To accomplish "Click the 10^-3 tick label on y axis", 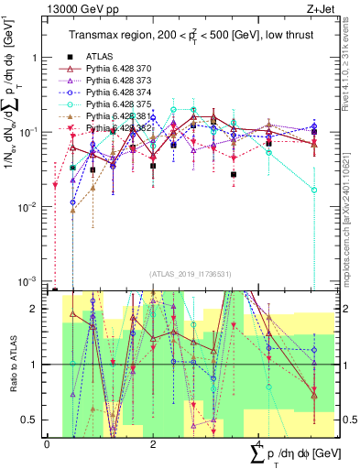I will click(x=27, y=281).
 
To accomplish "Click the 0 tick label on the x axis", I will click(x=47, y=444).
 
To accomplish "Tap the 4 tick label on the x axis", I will click(x=260, y=444).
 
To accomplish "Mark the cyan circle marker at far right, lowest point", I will click(x=313, y=190).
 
